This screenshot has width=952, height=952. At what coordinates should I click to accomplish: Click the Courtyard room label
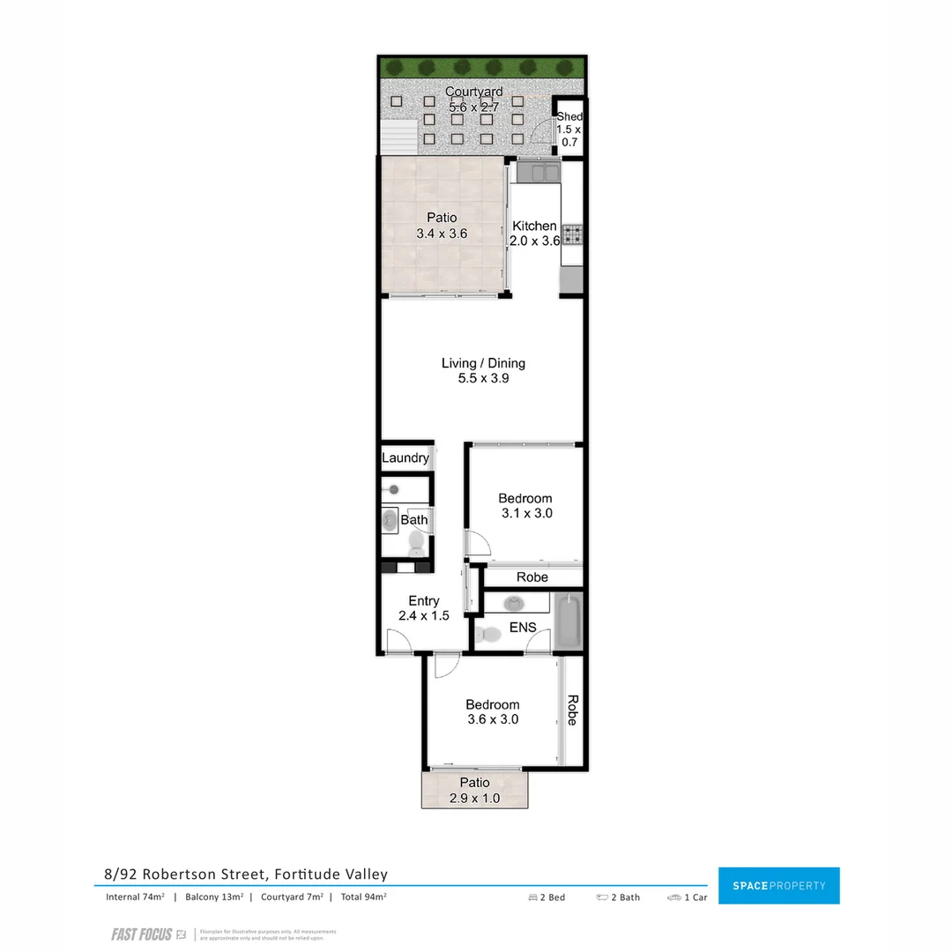click(474, 92)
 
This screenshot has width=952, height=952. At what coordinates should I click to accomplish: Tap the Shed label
click(569, 116)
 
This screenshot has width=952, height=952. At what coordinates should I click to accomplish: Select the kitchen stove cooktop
click(573, 234)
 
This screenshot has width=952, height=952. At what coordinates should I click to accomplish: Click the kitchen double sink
click(539, 171)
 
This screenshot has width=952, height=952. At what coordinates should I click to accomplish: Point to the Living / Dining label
click(483, 363)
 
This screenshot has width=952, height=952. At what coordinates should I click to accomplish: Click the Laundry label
click(405, 458)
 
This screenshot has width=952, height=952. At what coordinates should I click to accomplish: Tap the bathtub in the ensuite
click(569, 622)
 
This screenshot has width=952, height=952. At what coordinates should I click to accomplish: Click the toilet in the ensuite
click(487, 633)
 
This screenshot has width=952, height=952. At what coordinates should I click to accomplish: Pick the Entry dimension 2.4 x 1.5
click(423, 616)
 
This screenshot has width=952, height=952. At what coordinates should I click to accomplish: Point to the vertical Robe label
click(572, 710)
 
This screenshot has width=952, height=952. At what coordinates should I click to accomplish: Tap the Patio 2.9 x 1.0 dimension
click(474, 799)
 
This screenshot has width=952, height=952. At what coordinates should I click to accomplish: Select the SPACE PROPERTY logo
click(778, 885)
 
